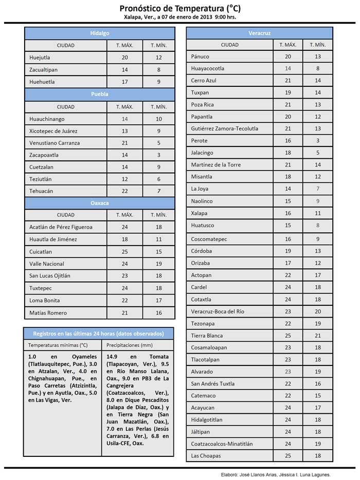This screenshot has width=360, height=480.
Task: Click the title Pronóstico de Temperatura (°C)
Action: (x=179, y=9)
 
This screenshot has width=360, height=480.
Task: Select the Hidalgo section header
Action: (x=100, y=33)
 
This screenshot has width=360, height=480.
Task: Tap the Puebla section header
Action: (x=100, y=94)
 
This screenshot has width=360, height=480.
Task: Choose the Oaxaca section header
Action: (x=100, y=203)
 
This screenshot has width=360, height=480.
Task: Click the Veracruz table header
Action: (x=260, y=33)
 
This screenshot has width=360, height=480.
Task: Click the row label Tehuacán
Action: (x=41, y=191)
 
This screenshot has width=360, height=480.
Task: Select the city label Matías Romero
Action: (x=48, y=312)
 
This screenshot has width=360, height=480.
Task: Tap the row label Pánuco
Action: (x=200, y=57)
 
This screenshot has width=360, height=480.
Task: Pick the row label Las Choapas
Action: (x=206, y=456)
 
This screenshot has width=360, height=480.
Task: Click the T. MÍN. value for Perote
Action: (x=318, y=141)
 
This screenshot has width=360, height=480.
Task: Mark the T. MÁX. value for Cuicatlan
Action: (x=125, y=252)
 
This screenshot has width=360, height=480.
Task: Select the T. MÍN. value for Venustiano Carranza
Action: (x=159, y=143)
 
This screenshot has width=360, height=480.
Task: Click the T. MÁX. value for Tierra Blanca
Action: (x=288, y=336)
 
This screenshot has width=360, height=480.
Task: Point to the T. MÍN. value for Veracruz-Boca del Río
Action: (x=318, y=311)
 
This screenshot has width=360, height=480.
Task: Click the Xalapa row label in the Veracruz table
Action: (x=199, y=213)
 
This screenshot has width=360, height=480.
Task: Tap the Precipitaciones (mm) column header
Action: (x=127, y=345)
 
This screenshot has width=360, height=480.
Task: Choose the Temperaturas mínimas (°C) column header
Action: (x=58, y=345)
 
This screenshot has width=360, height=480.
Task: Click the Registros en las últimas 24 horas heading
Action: (x=98, y=333)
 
